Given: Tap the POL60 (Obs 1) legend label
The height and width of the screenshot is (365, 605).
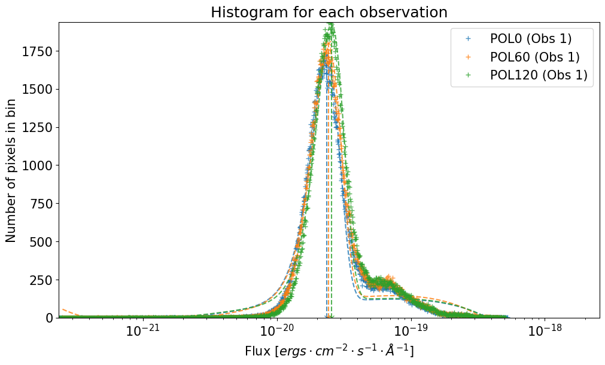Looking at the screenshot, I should [534, 57].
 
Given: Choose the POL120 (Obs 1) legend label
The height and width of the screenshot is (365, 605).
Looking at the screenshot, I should [539, 75].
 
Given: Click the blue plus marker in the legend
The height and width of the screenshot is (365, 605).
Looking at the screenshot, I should [469, 39].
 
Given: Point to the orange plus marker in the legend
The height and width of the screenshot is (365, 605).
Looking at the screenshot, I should [469, 57].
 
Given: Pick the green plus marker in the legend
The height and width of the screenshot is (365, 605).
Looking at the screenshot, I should [469, 75].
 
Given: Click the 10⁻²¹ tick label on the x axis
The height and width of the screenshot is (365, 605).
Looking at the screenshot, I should [141, 331].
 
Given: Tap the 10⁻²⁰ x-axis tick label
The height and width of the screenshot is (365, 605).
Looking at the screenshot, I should [275, 331].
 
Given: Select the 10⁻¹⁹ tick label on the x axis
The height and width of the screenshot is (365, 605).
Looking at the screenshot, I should [410, 331].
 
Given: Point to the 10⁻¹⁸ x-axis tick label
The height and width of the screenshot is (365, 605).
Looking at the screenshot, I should [544, 331].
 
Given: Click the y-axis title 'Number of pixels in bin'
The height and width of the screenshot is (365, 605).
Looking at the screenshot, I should [12, 171].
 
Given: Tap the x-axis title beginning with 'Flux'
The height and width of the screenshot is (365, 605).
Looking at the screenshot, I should [329, 351].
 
